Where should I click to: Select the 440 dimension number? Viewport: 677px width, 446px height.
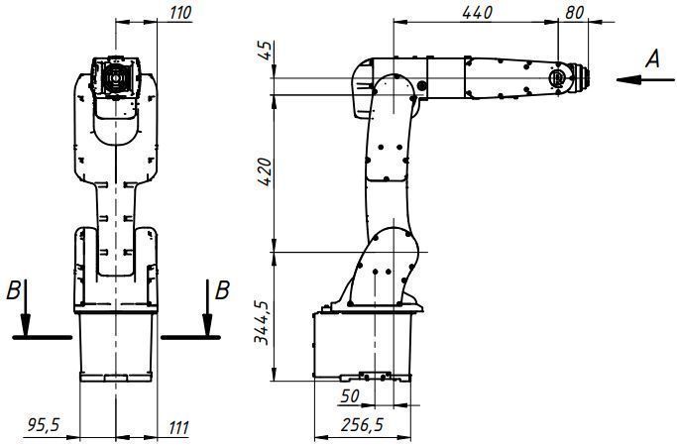(x=477, y=13)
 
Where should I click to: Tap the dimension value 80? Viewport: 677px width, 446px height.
(x=574, y=13)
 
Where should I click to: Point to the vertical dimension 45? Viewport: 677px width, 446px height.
(x=267, y=51)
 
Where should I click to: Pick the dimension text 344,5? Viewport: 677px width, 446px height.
(x=262, y=322)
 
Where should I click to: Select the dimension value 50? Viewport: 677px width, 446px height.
(x=350, y=395)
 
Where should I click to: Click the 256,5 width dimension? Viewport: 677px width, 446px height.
(x=362, y=425)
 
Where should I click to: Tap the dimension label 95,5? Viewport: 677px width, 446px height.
(x=44, y=425)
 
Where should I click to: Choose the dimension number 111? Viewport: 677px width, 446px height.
(x=178, y=427)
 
